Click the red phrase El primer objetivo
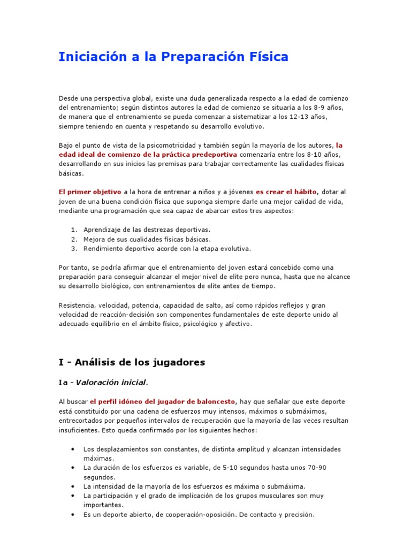[90, 192]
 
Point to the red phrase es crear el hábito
[286, 192]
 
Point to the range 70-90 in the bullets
[315, 468]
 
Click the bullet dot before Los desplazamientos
[72, 449]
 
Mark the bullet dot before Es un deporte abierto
[72, 515]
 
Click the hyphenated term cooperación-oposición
[188, 515]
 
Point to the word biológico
[116, 286]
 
